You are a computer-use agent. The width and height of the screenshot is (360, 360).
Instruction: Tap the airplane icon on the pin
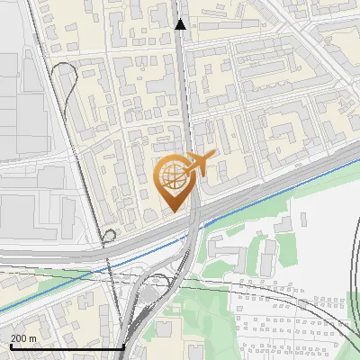tap(200, 164)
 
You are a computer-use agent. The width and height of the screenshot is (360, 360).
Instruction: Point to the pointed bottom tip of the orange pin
tap(175, 210)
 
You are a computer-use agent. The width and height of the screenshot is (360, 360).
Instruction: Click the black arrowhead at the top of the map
tap(181, 25)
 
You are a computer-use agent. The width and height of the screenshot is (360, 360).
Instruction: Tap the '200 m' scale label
tap(23, 338)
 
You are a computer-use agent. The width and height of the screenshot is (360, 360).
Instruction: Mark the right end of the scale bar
tap(123, 346)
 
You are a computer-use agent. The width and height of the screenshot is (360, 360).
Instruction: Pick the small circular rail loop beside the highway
tap(109, 236)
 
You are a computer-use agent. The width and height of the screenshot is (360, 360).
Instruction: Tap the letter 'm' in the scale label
tap(32, 338)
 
